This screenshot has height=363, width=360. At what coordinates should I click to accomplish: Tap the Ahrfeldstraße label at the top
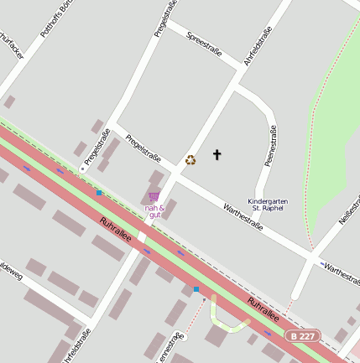pyautogui.click(x=258, y=47)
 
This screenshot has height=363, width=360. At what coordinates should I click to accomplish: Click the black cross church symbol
pyautogui.click(x=217, y=154)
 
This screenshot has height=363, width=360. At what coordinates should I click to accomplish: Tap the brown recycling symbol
pyautogui.click(x=190, y=159)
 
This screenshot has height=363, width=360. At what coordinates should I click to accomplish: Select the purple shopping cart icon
pyautogui.click(x=154, y=196)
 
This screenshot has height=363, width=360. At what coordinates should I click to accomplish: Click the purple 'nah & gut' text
pyautogui.click(x=154, y=211)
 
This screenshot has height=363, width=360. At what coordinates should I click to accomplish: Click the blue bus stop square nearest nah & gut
pyautogui.click(x=99, y=193)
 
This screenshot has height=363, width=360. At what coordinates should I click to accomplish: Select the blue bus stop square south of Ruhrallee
pyautogui.click(x=196, y=289)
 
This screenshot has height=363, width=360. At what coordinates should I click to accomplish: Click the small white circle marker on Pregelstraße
pyautogui.click(x=82, y=169)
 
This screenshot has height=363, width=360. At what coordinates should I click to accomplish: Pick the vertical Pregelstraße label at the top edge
pyautogui.click(x=164, y=18)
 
